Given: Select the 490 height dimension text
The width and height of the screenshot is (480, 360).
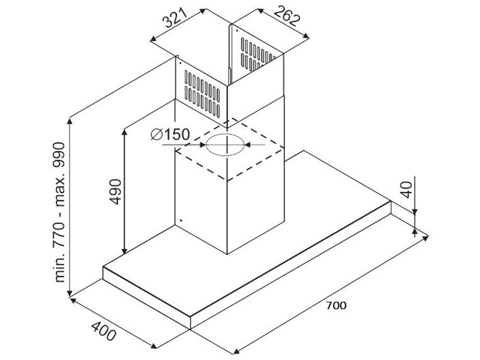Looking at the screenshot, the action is coord(116,191).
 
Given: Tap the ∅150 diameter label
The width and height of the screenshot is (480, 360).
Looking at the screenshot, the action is coord(170,134).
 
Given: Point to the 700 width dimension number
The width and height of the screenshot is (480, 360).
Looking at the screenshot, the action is coord(336,305).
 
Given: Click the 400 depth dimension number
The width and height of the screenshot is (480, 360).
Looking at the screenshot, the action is coord(104,331).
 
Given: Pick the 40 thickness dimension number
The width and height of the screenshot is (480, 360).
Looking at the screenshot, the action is coord(407,190).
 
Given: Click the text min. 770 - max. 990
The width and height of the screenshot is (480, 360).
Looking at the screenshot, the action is coord(59,212).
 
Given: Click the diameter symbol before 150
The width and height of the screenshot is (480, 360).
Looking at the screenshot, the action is coord(157,134).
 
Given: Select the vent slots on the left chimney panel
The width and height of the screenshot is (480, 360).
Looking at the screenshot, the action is coord(202,94).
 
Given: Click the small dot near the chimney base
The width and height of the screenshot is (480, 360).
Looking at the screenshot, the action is coord(181,220).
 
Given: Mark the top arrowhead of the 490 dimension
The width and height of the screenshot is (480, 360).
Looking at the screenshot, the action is coord(124,132).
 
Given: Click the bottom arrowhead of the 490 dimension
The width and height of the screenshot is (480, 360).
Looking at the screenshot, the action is coord(124,251).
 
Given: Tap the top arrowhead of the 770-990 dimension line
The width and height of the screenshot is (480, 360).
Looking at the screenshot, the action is coord(70,121).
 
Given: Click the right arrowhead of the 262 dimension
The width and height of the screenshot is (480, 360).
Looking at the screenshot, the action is coord(305,36).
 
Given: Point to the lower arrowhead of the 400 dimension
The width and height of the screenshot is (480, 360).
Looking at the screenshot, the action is coord(154,346).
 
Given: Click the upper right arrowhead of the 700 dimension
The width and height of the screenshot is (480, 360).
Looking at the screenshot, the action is coord(425,238).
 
